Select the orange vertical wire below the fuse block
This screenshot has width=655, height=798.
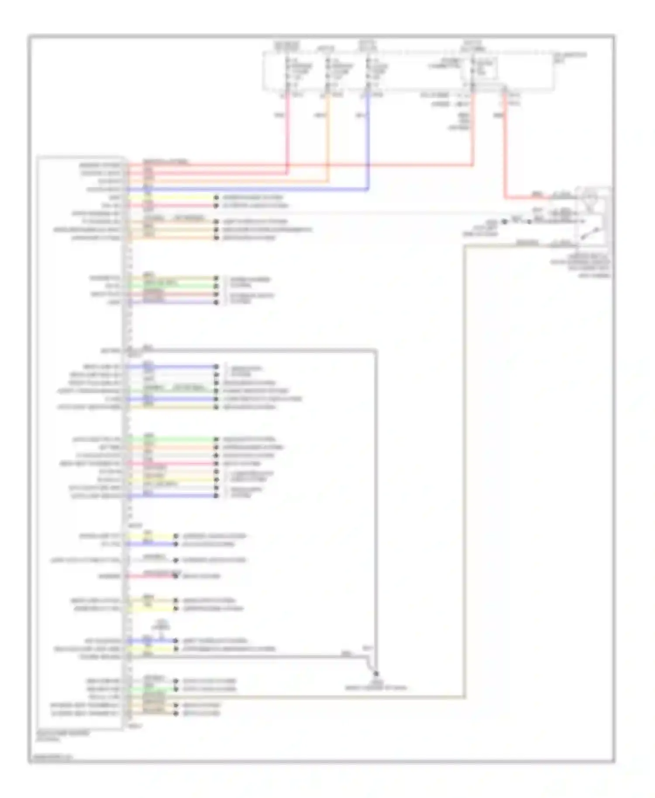[x=328, y=140]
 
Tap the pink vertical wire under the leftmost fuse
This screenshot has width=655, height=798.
[x=287, y=131]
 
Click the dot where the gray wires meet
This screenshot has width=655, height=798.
[x=376, y=674]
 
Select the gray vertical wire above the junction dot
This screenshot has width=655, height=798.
[x=375, y=502]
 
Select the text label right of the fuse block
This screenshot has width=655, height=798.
[x=570, y=57]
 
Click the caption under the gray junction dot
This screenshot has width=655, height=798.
[x=376, y=685]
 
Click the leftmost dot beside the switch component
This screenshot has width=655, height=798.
[x=504, y=222]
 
